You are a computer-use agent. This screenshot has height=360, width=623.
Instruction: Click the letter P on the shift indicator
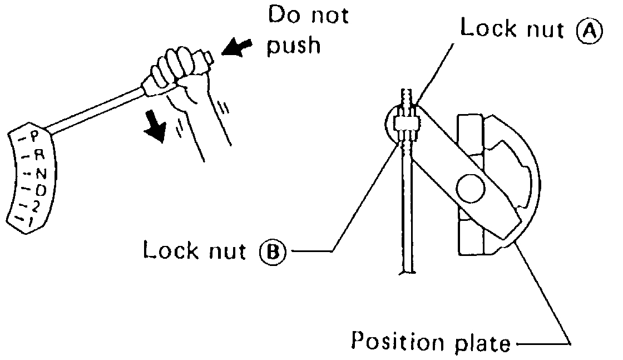34,135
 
